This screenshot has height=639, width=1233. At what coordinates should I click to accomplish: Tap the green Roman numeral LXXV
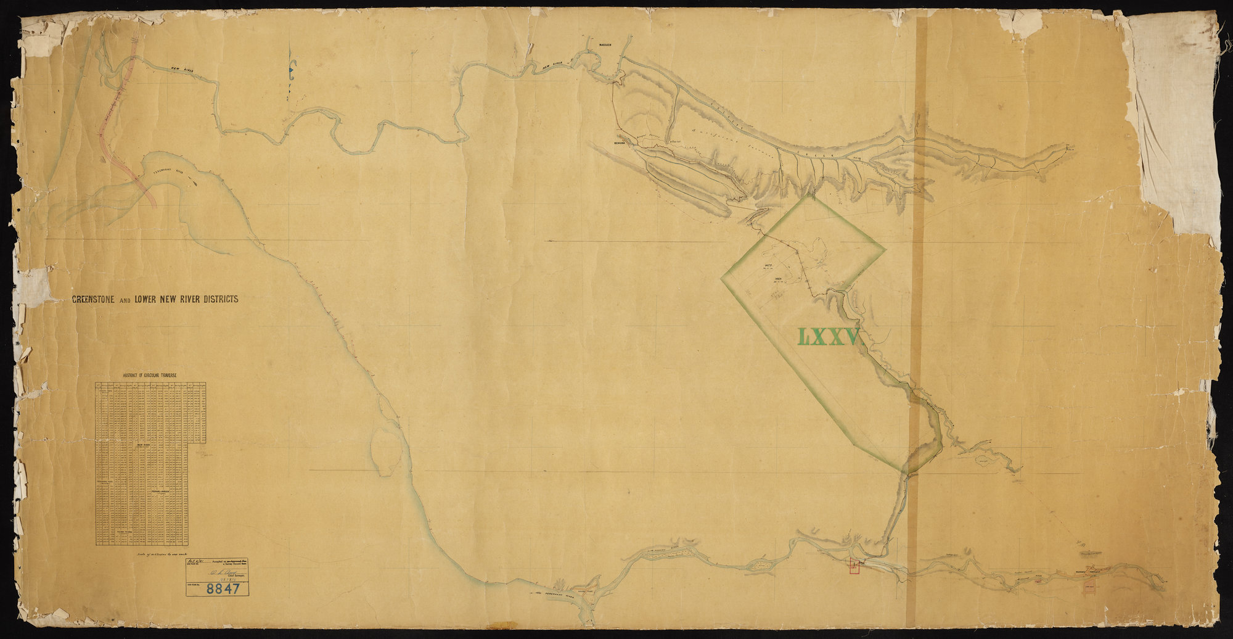829,337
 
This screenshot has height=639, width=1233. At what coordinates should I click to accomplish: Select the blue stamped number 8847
223,588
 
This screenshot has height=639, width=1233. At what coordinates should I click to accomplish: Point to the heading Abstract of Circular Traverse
150,375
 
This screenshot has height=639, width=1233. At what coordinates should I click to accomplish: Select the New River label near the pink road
183,72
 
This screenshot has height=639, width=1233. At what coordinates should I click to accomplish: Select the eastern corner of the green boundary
885,249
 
